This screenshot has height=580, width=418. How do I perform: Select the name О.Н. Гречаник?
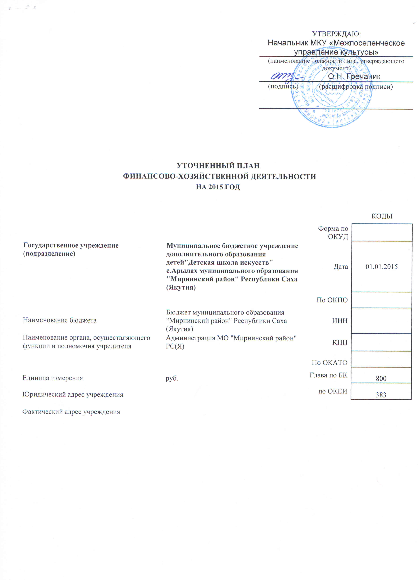click(x=354, y=77)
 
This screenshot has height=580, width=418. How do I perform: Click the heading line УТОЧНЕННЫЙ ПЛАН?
click(x=218, y=166)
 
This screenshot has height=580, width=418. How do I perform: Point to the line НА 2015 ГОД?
click(x=218, y=187)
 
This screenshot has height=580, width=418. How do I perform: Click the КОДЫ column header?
click(x=382, y=216)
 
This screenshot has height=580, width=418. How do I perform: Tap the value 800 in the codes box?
click(x=381, y=378)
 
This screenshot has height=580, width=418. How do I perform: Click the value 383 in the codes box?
click(x=381, y=395)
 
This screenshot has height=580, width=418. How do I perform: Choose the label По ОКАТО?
click(x=330, y=362)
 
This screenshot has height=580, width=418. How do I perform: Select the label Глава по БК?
click(x=329, y=375)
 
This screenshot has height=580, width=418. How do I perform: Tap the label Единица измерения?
click(x=53, y=378)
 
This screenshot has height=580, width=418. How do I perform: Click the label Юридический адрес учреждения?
click(x=73, y=395)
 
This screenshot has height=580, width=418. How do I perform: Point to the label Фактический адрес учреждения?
click(x=71, y=412)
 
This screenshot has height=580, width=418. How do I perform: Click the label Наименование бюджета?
click(x=60, y=320)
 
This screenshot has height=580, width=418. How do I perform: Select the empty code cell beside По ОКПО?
click(x=381, y=300)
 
